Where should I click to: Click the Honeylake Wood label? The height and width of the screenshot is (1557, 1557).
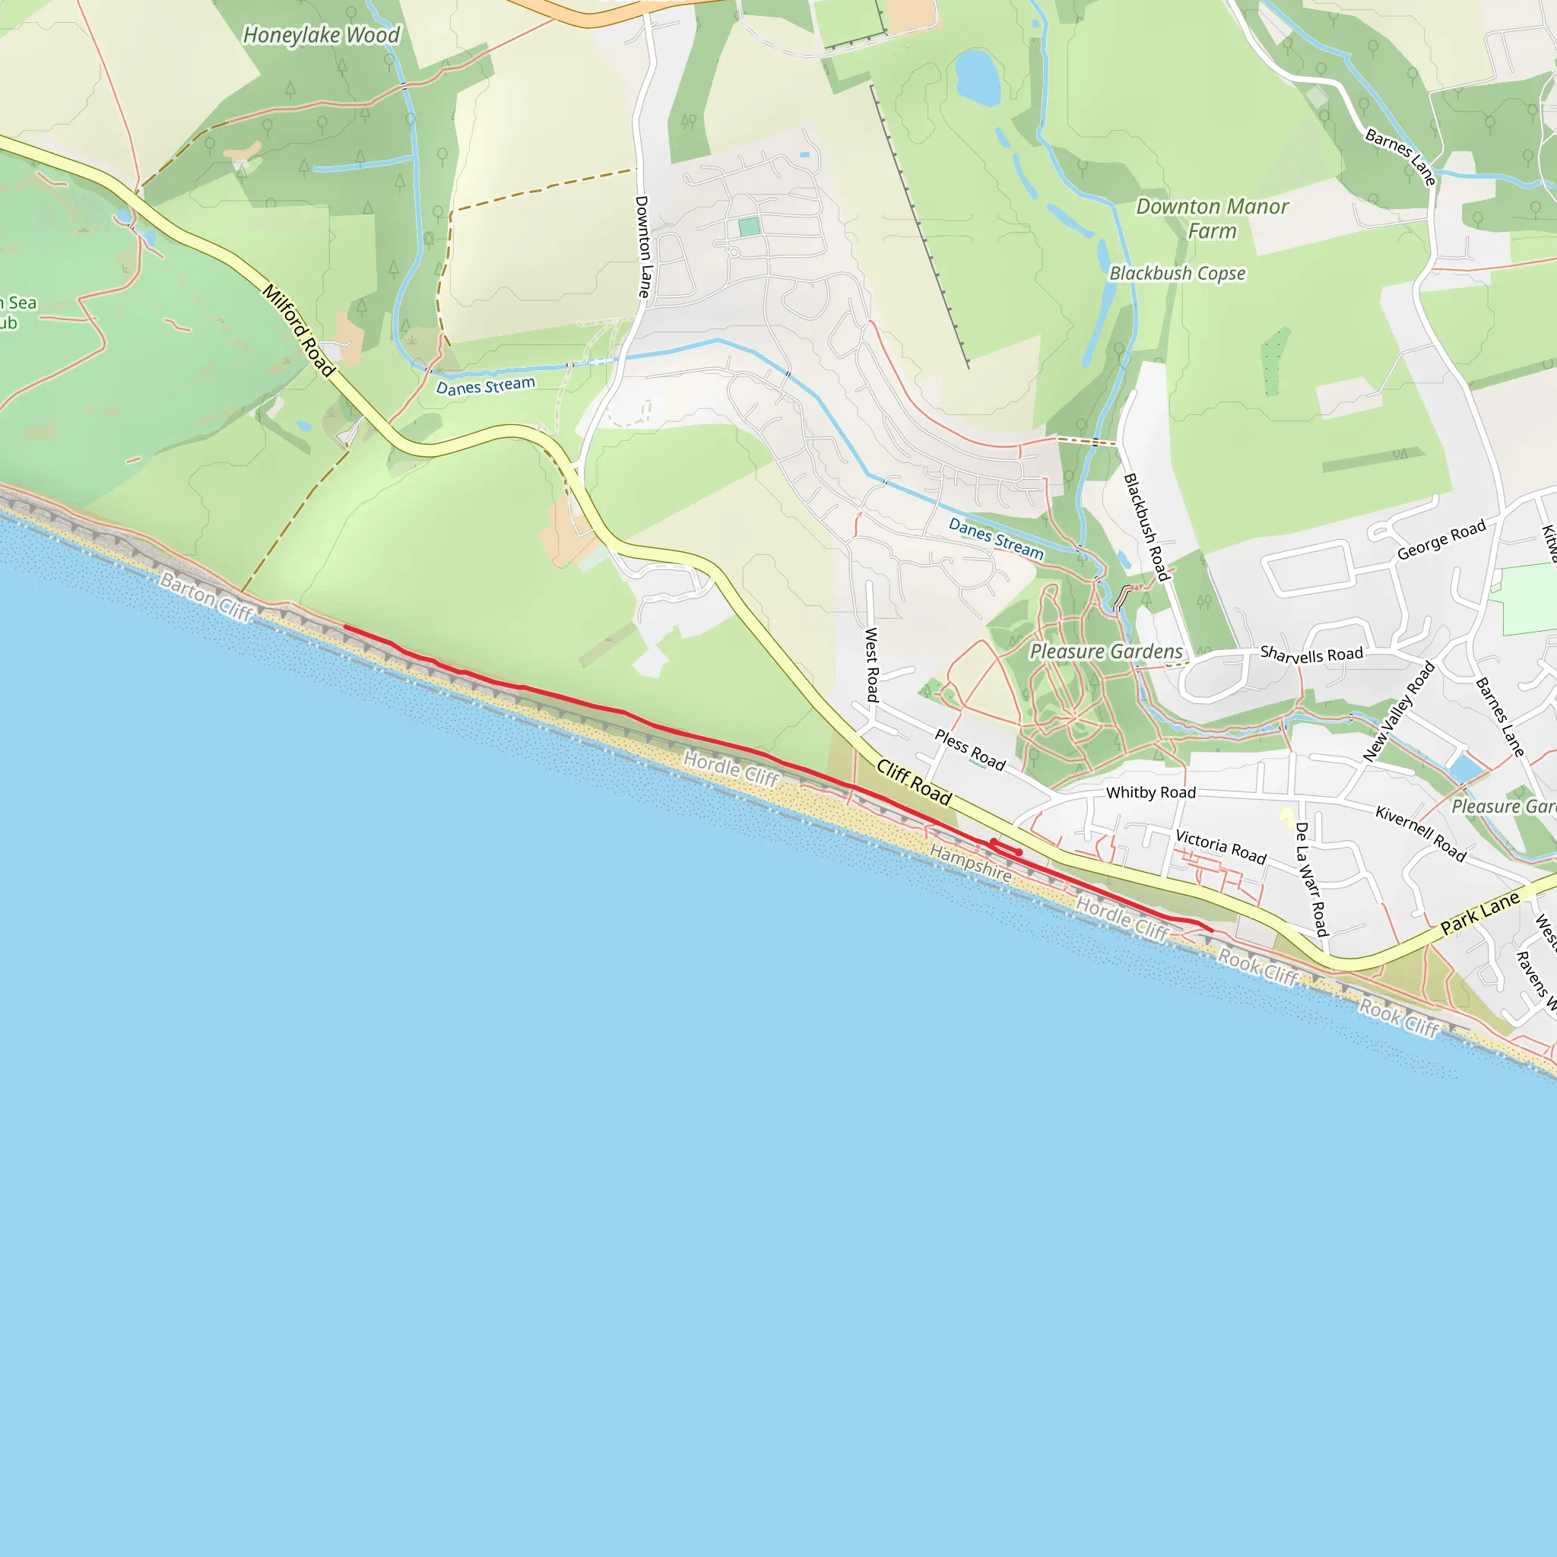(x=321, y=35)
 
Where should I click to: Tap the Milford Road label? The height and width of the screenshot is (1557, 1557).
(x=298, y=330)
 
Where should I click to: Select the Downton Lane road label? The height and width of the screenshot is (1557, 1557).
(x=642, y=246)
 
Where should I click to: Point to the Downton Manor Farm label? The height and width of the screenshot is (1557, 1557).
(x=1211, y=218)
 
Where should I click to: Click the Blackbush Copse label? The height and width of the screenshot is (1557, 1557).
(x=1178, y=273)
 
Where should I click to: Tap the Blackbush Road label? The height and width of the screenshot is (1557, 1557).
(x=1146, y=527)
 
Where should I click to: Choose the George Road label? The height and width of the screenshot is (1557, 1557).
(x=1441, y=540)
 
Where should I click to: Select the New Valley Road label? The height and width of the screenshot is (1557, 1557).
(x=1398, y=711)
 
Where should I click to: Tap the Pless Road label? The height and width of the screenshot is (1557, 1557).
(x=969, y=750)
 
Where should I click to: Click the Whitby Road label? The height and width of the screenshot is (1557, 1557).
(x=1150, y=792)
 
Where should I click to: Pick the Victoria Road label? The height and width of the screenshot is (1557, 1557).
(x=1220, y=846)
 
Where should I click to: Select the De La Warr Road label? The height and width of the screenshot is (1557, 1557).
(x=1311, y=878)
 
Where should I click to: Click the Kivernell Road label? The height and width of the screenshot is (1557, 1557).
(x=1420, y=832)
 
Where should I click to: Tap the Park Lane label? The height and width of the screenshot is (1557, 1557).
(x=1479, y=913)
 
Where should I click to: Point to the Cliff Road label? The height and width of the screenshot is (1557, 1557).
(x=914, y=781)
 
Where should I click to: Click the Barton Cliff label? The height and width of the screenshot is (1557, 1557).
(x=206, y=596)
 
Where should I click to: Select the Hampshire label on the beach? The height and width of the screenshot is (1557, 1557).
(x=970, y=862)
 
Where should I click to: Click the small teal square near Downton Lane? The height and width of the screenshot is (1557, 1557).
(x=749, y=227)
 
